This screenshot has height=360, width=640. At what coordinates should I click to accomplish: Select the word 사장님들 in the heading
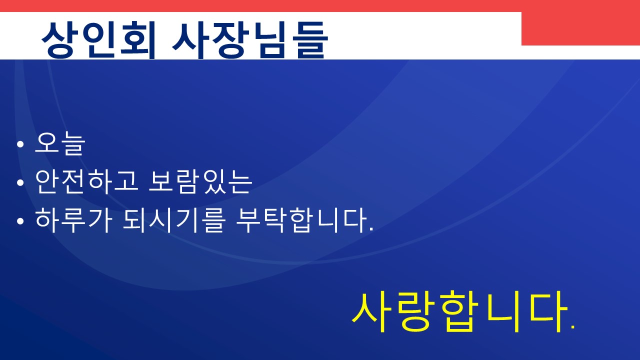250,40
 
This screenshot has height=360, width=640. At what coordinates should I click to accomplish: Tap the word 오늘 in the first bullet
60,143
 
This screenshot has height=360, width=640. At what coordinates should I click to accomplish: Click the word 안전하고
87,181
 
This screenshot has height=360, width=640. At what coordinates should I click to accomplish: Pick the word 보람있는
200,181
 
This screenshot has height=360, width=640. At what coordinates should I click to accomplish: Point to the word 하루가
73,220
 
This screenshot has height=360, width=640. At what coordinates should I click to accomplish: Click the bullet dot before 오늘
20,144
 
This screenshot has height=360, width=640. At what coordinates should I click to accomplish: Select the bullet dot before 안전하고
20,182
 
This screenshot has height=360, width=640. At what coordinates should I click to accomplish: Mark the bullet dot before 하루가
20,221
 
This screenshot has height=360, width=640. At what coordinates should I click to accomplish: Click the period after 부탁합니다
371,229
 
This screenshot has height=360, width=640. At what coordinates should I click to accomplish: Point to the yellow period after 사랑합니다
572,329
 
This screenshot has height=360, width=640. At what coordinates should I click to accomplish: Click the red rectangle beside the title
580,28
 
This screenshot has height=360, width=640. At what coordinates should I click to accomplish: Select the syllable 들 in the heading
312,40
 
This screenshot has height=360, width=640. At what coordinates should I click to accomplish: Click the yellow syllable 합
459,312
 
